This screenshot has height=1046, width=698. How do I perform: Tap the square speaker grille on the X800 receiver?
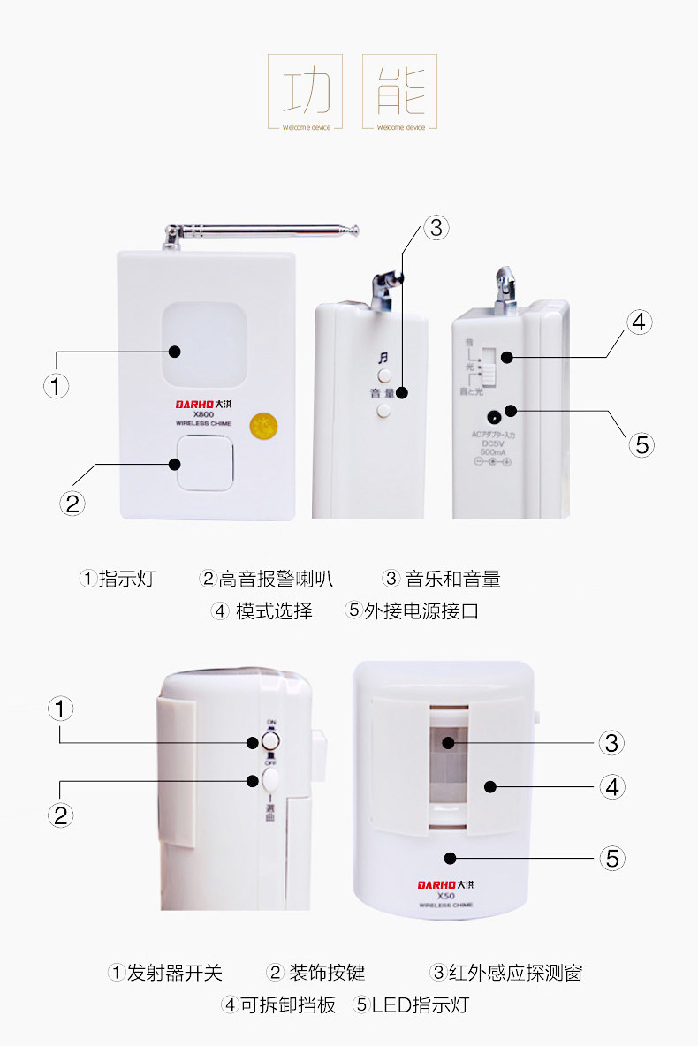pyautogui.click(x=205, y=464)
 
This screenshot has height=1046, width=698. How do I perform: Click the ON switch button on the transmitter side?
pyautogui.click(x=271, y=740)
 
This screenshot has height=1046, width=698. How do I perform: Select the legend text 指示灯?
pyautogui.click(x=126, y=580)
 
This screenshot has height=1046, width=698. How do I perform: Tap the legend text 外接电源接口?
pyautogui.click(x=421, y=610)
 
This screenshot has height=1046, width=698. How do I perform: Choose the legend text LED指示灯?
pyautogui.click(x=420, y=1005)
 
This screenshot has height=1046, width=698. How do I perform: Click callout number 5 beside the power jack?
pyautogui.click(x=642, y=444)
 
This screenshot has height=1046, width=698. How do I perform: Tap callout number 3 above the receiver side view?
pyautogui.click(x=436, y=228)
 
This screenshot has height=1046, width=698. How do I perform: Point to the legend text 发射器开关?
pyautogui.click(x=174, y=974)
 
